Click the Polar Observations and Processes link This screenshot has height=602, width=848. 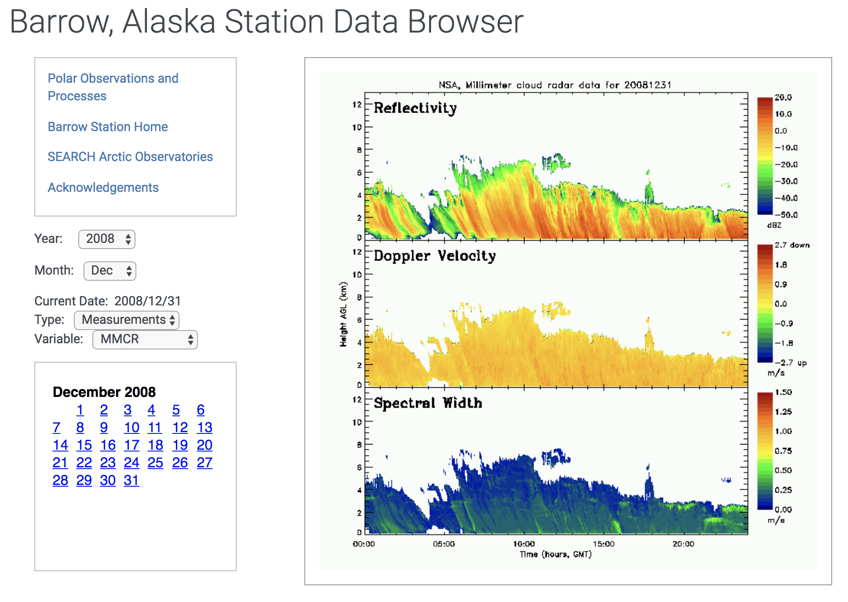(113, 87)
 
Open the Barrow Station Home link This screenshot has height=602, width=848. (108, 127)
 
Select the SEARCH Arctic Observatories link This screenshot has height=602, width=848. (130, 157)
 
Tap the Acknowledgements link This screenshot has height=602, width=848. (103, 187)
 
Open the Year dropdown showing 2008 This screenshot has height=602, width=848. (107, 239)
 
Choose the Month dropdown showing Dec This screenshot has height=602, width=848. (110, 271)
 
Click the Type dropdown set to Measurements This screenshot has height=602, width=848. (127, 320)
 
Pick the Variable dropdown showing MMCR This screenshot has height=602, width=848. (145, 339)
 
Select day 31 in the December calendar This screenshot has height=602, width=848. (131, 480)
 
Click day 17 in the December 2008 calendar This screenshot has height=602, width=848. (132, 445)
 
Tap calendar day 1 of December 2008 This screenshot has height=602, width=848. (80, 410)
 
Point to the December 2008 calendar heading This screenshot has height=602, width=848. (104, 392)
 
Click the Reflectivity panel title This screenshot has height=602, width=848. (415, 108)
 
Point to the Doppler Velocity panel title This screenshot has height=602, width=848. (435, 256)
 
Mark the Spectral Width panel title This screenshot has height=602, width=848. (428, 403)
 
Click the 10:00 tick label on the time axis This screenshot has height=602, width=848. (524, 544)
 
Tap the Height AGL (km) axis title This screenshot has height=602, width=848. (343, 314)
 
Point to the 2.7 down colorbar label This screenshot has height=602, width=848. (792, 245)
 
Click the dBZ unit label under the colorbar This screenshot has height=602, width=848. (774, 225)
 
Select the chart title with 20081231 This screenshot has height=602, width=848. (555, 85)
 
